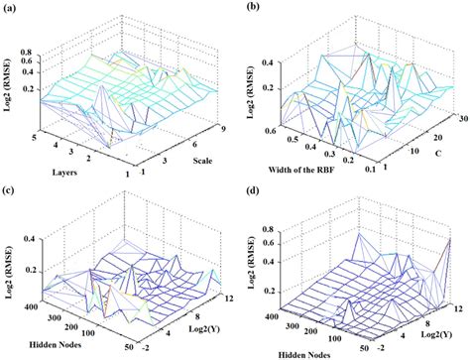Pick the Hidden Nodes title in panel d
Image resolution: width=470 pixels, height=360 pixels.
click(x=296, y=352)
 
